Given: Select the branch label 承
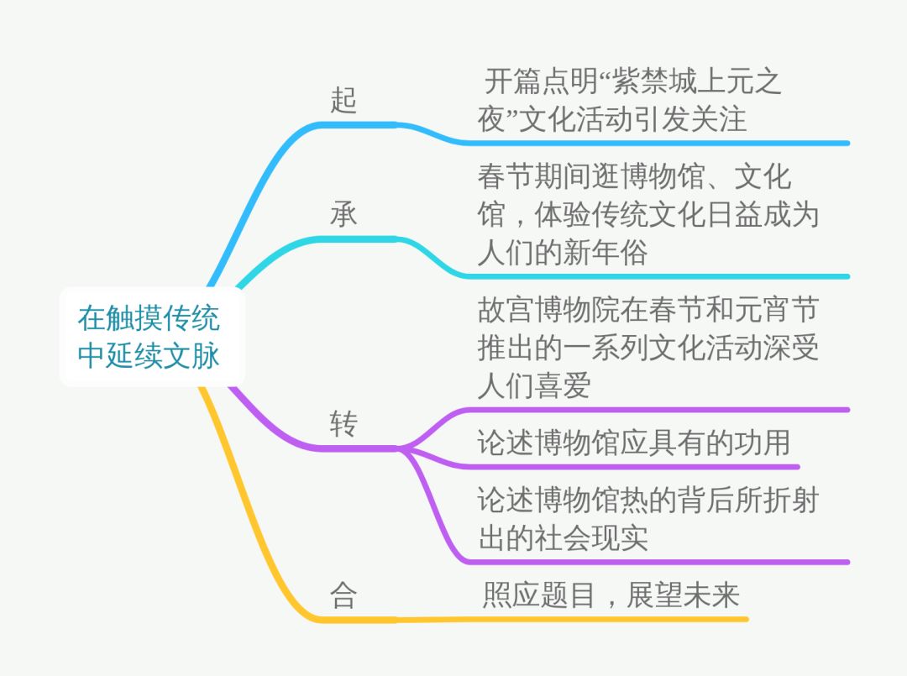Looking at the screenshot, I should (343, 214).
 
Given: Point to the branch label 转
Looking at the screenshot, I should (343, 424).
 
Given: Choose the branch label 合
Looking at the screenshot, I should (343, 595).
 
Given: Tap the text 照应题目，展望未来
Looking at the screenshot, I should (611, 595).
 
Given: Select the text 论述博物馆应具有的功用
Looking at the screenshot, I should (634, 443).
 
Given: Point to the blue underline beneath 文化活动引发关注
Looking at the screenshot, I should (655, 143).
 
